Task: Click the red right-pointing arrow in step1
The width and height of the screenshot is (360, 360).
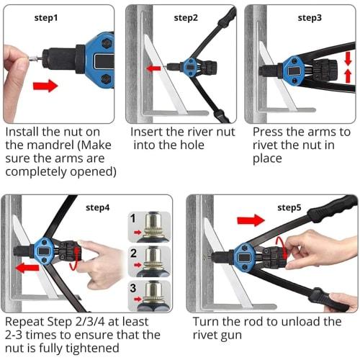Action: [x=45, y=86]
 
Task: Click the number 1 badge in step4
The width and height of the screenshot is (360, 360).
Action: [x=134, y=216]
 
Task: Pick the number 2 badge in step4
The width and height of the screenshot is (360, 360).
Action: [x=134, y=252]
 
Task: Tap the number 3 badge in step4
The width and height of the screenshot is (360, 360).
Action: [x=134, y=287]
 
